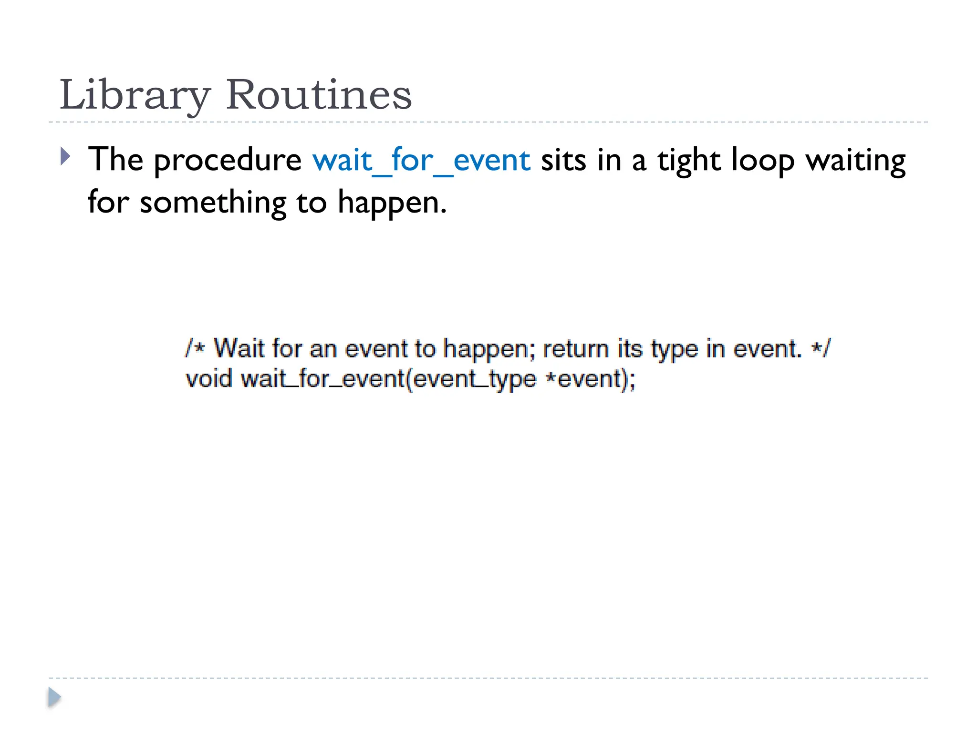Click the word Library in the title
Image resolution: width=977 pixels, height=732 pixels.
(x=135, y=95)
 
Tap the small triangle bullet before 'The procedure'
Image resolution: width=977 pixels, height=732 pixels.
(x=66, y=156)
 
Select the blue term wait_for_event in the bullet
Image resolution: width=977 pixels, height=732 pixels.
(x=421, y=160)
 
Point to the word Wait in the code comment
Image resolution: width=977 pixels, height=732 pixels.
(x=239, y=348)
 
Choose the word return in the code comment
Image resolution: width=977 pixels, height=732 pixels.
(x=576, y=349)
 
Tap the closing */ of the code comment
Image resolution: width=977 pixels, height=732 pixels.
(x=821, y=348)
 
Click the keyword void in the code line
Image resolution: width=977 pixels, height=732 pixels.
(x=208, y=379)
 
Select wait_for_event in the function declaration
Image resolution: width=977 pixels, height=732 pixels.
(x=322, y=379)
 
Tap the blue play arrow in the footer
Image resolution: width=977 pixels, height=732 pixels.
(x=54, y=697)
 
